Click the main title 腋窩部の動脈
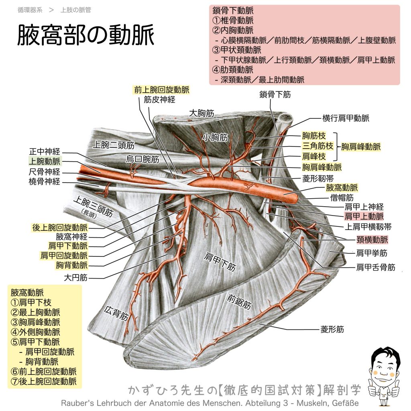click(x=86, y=35)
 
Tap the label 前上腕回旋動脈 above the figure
click(x=161, y=90)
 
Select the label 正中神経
click(x=45, y=151)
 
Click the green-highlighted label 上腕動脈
click(x=45, y=161)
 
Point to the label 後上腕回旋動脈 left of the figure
click(x=60, y=228)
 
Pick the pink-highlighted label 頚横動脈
click(x=372, y=240)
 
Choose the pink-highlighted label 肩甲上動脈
click(x=364, y=216)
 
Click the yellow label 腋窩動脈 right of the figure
click(x=342, y=188)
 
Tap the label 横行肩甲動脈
click(x=346, y=118)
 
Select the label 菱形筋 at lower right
click(x=332, y=329)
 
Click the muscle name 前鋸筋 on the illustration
click(x=239, y=301)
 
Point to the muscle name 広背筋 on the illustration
click(x=116, y=313)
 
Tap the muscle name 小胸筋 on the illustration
click(x=215, y=137)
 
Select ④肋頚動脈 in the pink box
click(x=233, y=69)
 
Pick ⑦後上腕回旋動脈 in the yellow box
click(x=43, y=381)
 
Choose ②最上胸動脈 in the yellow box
click(x=35, y=312)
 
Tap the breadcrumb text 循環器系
click(x=30, y=10)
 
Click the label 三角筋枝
click(x=318, y=146)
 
